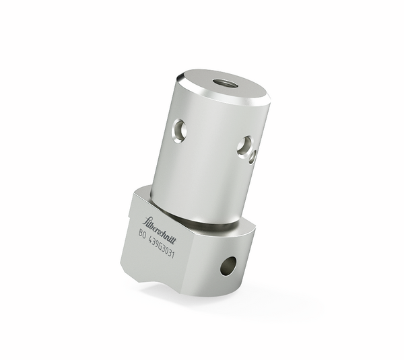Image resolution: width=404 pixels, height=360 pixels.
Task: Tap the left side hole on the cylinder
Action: point(179,129)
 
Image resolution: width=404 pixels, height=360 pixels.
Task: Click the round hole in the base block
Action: point(228,266)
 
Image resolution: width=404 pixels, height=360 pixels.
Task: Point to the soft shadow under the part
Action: point(202,296)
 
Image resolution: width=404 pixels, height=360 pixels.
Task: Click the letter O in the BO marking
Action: point(146,236)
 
